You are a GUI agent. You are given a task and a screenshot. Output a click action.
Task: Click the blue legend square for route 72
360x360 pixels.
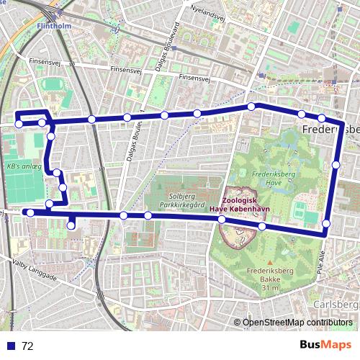(11, 346)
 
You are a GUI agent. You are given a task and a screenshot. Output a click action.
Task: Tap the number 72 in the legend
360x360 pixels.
(27, 346)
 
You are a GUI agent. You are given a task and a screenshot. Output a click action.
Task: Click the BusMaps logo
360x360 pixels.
(326, 345)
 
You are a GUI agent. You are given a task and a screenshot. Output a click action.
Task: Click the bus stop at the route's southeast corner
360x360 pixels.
(326, 224)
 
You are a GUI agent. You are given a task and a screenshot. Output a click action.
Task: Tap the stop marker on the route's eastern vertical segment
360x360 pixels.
(336, 165)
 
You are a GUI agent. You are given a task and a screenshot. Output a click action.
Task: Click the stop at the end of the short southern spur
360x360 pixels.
(71, 226)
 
